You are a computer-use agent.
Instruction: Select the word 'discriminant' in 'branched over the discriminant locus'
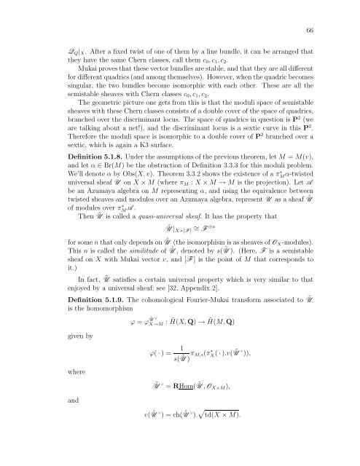169,141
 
